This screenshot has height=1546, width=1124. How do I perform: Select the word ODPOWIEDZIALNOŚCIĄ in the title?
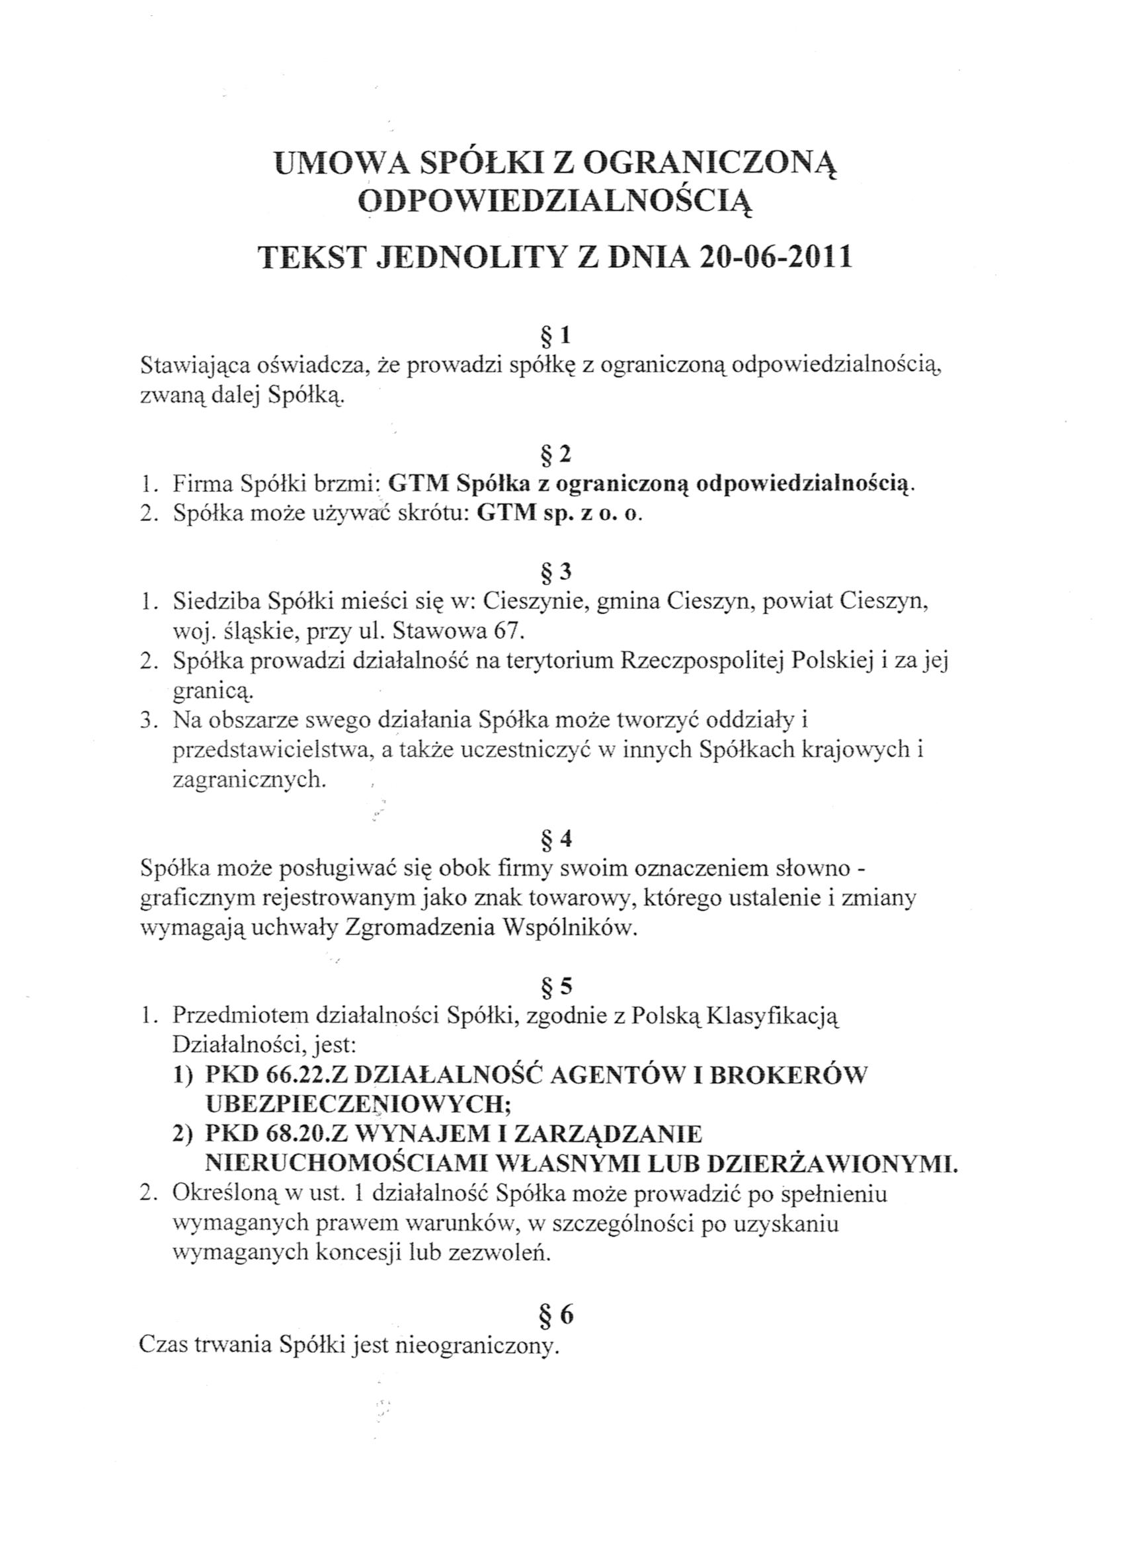(555, 202)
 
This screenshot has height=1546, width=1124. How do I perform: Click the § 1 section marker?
(555, 336)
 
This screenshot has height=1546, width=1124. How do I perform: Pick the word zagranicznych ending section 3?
(249, 779)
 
